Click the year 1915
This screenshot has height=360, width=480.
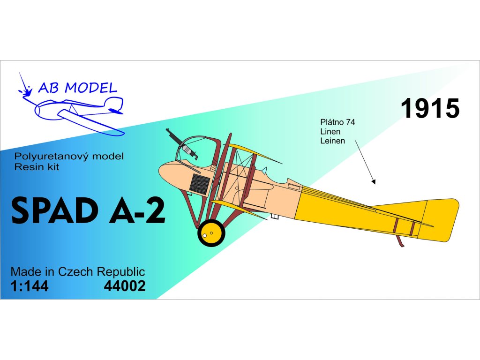pyautogui.click(x=429, y=109)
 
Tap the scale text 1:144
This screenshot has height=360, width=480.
pyautogui.click(x=29, y=285)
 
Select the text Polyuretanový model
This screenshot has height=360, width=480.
pyautogui.click(x=69, y=157)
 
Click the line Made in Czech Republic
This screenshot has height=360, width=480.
pyautogui.click(x=77, y=272)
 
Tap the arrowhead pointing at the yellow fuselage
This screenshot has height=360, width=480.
pyautogui.click(x=373, y=181)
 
